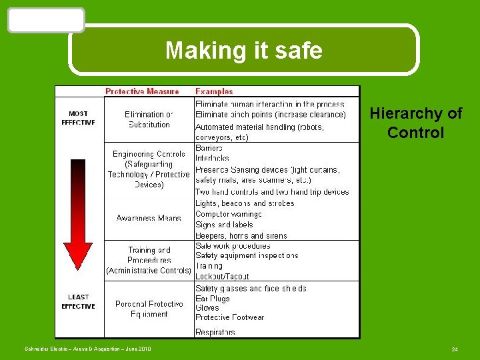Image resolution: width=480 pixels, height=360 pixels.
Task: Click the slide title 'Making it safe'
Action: [x=243, y=50]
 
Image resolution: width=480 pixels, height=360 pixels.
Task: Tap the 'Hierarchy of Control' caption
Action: [x=415, y=123]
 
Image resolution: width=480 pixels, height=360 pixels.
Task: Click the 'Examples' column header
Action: [x=214, y=91]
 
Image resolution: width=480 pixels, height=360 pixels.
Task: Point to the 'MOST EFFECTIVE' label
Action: [x=78, y=118]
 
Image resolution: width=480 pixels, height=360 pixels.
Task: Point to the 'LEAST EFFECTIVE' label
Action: [x=78, y=302]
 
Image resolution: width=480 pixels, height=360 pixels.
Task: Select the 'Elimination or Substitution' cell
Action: [x=149, y=119]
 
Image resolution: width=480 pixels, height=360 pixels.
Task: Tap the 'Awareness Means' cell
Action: [x=149, y=218]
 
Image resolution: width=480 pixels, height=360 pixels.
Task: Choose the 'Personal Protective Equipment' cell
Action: [x=149, y=309]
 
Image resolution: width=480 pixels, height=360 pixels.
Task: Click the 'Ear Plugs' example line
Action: [x=212, y=299]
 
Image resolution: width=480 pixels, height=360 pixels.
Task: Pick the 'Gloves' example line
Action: [x=207, y=308]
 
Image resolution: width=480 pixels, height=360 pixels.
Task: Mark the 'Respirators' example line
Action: [x=215, y=331]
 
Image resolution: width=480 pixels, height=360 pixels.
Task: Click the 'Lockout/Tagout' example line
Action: [x=223, y=276]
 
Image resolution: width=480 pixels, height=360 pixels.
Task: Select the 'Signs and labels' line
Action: [x=224, y=225]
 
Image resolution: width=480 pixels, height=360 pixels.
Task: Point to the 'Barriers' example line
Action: [x=209, y=147]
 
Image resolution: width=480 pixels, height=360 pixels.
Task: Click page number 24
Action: [x=455, y=349]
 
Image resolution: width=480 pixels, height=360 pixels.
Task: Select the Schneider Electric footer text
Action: [x=88, y=349]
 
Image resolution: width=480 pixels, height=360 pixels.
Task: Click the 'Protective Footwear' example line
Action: [x=229, y=317]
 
